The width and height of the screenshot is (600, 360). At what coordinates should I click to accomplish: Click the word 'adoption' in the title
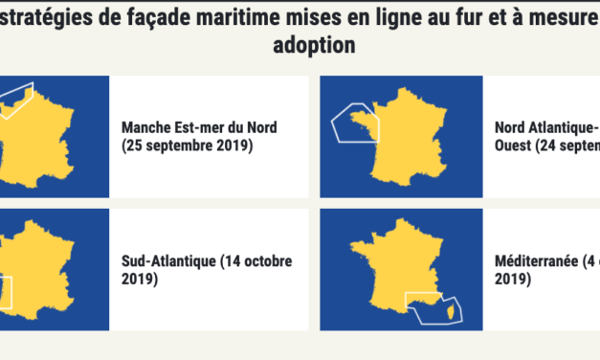(300, 46)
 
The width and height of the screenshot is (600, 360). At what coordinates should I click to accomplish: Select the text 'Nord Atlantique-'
(546, 127)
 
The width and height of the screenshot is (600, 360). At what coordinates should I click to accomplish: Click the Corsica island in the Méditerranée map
(443, 304)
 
